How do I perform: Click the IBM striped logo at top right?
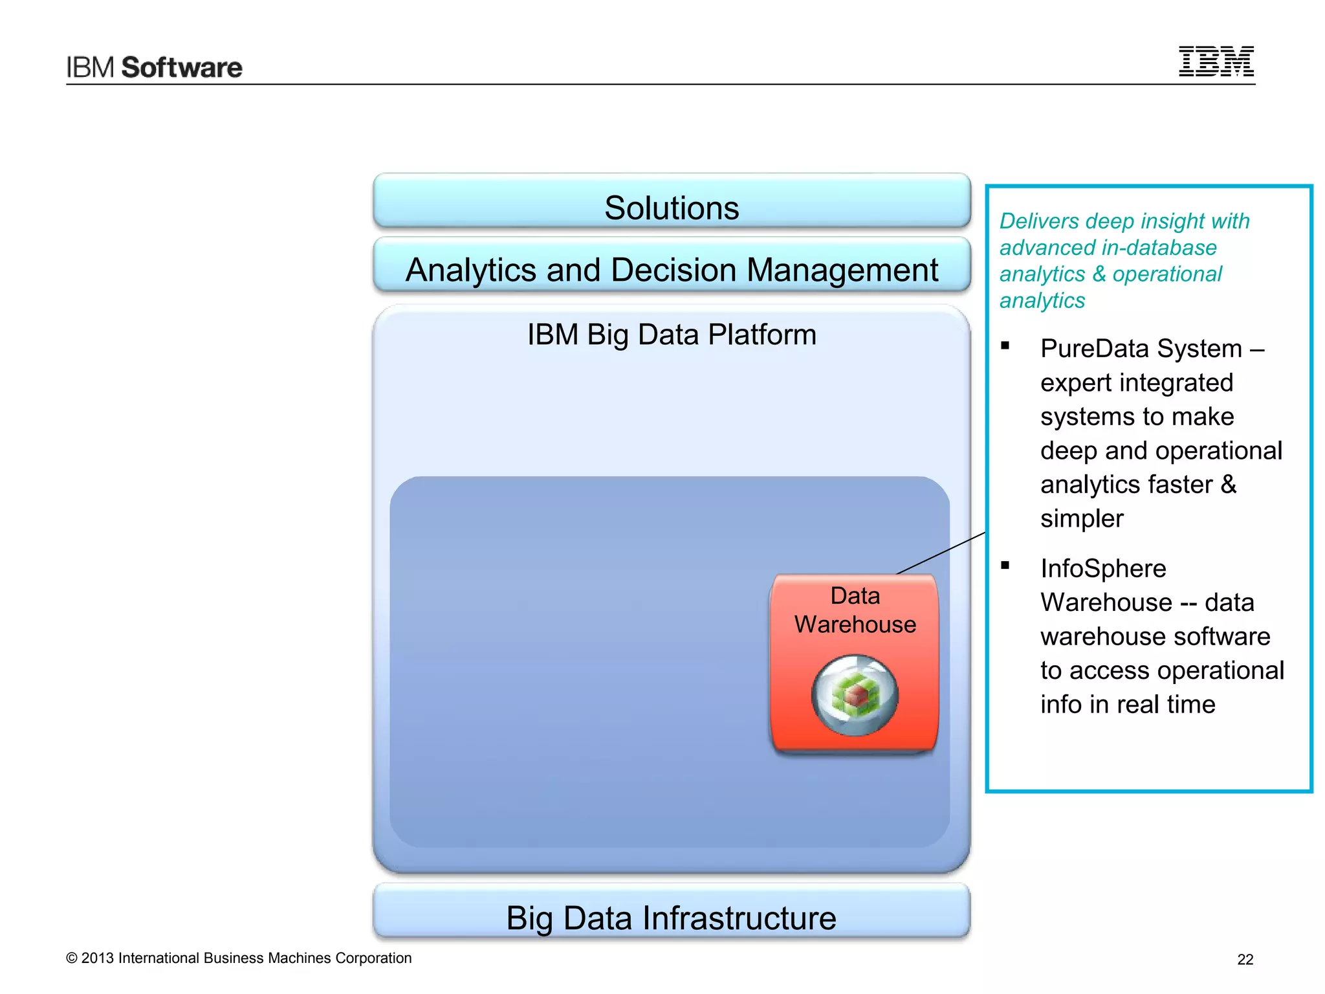pos(1216,61)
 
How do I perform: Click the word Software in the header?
pos(182,67)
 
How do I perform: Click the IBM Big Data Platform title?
pos(672,335)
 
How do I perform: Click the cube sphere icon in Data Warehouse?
pos(855,695)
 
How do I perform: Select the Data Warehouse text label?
pos(855,610)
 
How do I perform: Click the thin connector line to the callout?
pos(941,553)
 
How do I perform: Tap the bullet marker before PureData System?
pos(1005,346)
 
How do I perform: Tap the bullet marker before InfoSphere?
pos(1005,565)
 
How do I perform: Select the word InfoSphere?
pos(1103,569)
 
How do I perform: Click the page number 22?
pos(1245,960)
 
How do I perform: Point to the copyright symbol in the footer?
pos(72,958)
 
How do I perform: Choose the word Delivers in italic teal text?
pos(1039,221)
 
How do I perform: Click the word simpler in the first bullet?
pos(1082,519)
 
